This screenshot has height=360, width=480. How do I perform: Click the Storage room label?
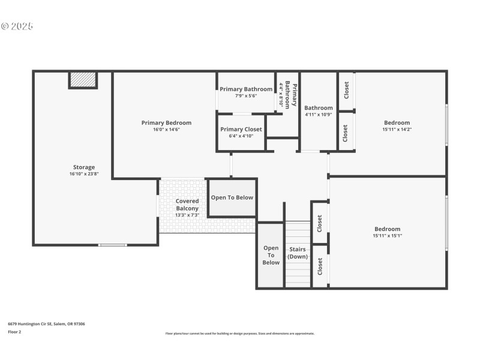tap(84, 167)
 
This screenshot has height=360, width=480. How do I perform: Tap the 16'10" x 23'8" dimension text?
tap(84, 174)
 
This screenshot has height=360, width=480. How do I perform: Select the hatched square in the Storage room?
tap(83, 80)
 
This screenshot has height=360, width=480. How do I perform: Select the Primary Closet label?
tap(241, 130)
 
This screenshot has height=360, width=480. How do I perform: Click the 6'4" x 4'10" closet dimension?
tap(241, 136)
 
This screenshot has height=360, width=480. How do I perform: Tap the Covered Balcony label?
tap(187, 205)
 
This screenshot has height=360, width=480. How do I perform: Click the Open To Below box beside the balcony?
tap(232, 197)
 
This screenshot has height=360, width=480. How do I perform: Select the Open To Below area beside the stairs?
tap(271, 255)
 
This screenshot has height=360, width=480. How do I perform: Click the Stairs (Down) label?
tap(298, 253)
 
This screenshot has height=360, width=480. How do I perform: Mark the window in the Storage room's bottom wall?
tap(113, 245)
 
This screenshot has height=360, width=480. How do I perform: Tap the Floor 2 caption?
tap(14, 331)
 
